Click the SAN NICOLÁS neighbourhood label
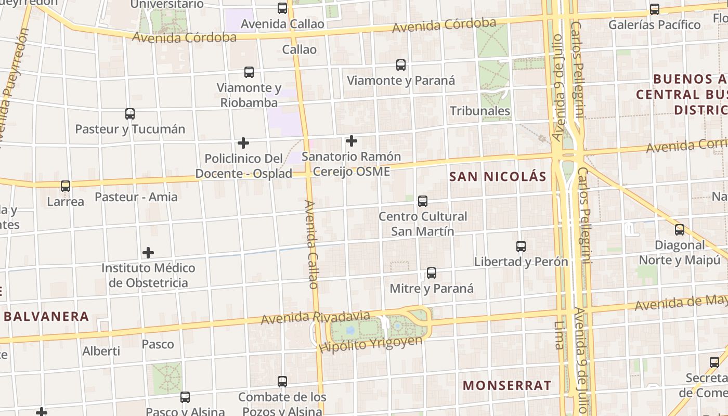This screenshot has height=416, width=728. (x=498, y=177)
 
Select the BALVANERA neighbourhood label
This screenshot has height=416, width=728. (x=47, y=316)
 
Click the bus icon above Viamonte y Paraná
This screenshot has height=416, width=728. (x=401, y=65)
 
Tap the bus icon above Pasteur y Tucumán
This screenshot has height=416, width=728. (x=130, y=113)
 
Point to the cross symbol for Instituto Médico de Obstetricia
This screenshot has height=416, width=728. (x=148, y=253)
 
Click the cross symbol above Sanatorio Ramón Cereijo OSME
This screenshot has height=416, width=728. (x=352, y=140)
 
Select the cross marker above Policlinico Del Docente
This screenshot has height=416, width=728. (x=243, y=142)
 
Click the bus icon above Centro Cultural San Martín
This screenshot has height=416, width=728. (x=423, y=201)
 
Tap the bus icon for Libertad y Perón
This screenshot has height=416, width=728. (x=521, y=246)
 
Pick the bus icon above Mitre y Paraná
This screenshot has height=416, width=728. (x=432, y=272)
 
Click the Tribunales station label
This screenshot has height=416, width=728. (x=480, y=111)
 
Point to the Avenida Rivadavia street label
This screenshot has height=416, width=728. (x=316, y=317)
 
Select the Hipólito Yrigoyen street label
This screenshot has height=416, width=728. (x=371, y=344)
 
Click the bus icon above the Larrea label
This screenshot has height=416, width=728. (x=66, y=186)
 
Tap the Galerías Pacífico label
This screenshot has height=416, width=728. (x=654, y=25)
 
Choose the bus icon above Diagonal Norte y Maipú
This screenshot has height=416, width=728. (x=680, y=229)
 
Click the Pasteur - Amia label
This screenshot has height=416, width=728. (x=136, y=197)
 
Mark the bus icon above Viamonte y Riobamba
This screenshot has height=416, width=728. (x=249, y=72)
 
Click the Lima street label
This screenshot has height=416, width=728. (x=559, y=334)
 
